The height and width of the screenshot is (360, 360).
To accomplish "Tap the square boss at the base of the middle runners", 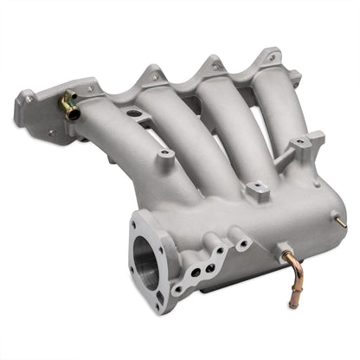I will point(257,188).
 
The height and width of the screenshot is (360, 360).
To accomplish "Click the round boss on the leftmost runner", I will point(164,153).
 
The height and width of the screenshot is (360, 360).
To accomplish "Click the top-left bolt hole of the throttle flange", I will point(137,223).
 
